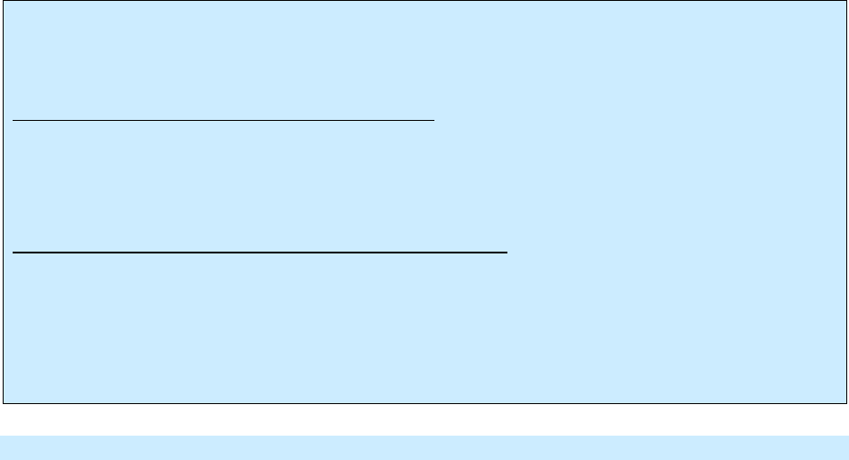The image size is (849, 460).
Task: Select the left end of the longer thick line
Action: point(14,253)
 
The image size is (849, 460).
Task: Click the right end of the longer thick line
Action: point(508,253)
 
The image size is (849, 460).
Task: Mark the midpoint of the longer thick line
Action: point(260,253)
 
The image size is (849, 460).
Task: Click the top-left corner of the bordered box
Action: point(3,2)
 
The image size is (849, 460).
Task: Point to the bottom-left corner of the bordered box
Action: point(3,401)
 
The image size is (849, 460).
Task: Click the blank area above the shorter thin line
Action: point(224,63)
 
